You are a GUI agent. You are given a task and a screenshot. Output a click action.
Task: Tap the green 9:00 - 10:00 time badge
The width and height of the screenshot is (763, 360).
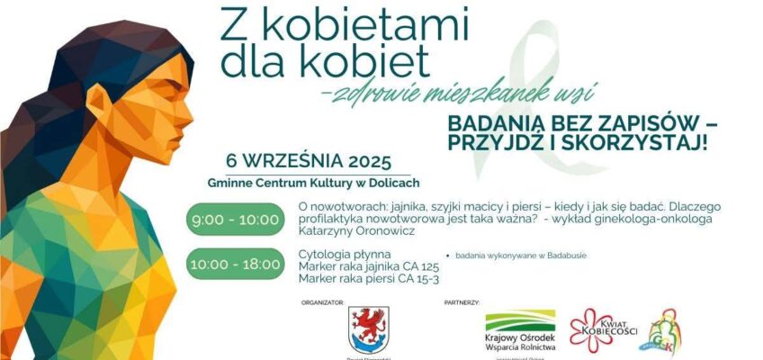(x=234, y=220)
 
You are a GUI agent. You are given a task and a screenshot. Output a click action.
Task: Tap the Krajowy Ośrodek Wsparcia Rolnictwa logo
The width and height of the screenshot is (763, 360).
(x=520, y=332)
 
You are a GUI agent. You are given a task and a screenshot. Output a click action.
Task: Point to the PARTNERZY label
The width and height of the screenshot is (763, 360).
(x=462, y=303)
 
